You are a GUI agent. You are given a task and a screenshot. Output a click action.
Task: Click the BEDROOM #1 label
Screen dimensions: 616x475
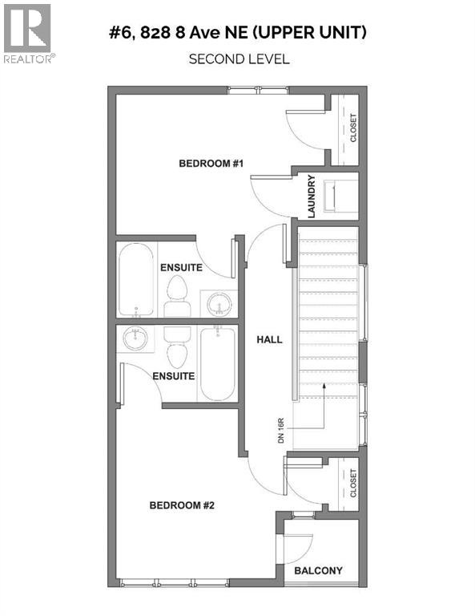click(211, 164)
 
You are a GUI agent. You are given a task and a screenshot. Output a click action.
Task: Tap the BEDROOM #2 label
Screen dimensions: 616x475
click(182, 505)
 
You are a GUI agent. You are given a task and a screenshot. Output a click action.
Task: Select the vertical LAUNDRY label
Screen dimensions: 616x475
click(312, 197)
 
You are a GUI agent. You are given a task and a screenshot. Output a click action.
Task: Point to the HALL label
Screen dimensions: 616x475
click(269, 339)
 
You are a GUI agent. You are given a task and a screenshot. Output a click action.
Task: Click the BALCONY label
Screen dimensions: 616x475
click(318, 571)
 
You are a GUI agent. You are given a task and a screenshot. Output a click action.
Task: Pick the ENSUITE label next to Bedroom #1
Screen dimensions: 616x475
click(180, 267)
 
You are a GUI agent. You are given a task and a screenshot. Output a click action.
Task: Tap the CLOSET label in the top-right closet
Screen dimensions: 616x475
click(353, 128)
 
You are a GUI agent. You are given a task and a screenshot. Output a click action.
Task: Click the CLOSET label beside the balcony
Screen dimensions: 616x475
click(353, 483)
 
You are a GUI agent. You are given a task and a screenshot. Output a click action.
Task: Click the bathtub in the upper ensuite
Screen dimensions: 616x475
click(136, 280)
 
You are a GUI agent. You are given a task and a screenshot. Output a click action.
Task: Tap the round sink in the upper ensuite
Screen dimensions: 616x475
click(217, 303)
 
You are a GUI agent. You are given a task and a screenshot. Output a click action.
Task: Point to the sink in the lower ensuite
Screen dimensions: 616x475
click(136, 340)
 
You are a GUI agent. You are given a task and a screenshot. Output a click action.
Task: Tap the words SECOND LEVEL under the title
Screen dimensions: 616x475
click(238, 59)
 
